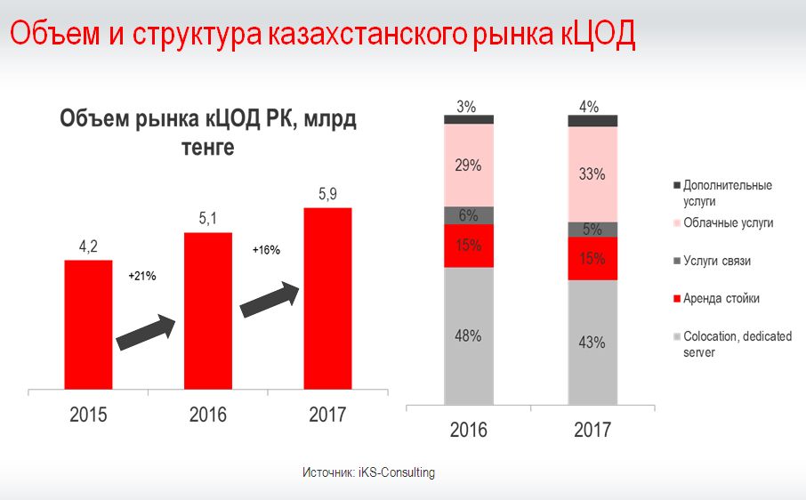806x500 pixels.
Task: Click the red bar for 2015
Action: click(x=88, y=325)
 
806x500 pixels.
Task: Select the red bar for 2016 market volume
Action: click(x=208, y=311)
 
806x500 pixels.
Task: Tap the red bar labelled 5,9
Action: click(x=327, y=299)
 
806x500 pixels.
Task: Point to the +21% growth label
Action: click(x=142, y=277)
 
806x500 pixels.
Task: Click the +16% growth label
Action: click(x=266, y=250)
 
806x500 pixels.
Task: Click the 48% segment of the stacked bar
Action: click(x=468, y=335)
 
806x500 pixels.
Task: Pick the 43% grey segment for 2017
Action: click(x=592, y=342)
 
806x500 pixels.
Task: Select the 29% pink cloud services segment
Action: click(x=468, y=165)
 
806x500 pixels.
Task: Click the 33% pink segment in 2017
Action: click(x=592, y=174)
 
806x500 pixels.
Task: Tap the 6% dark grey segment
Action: click(x=468, y=215)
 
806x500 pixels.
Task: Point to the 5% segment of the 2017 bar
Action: click(x=592, y=229)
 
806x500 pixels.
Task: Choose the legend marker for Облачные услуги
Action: click(x=677, y=223)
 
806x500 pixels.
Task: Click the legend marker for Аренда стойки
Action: click(x=677, y=298)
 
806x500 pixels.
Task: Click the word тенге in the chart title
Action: click(x=207, y=148)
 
